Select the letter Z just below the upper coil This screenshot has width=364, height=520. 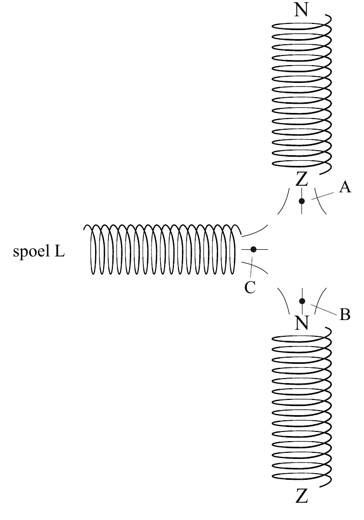click(301, 179)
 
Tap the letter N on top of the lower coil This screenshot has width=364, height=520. click(301, 323)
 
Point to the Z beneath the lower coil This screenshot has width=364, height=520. click(301, 497)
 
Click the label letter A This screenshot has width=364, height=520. click(345, 187)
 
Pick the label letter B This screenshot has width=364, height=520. click(345, 314)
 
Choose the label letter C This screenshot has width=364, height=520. click(250, 287)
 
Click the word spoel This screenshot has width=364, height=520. click(31, 251)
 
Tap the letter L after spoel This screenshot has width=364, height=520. click(59, 251)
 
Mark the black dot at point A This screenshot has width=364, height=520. click(302, 201)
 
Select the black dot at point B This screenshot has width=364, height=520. click(302, 301)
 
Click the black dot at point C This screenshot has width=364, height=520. click(253, 249)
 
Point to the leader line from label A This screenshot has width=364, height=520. click(323, 195)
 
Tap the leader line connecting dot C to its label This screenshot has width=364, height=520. click(252, 266)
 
